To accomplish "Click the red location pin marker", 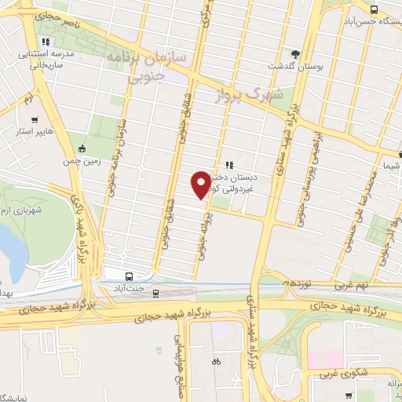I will click(201, 185).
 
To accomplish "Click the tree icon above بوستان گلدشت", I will click(295, 54).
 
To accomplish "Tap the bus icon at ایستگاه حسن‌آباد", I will click(374, 10).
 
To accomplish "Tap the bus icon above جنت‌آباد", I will click(129, 276).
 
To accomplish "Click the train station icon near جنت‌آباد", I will click(155, 293).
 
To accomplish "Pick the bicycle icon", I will click(217, 362).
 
